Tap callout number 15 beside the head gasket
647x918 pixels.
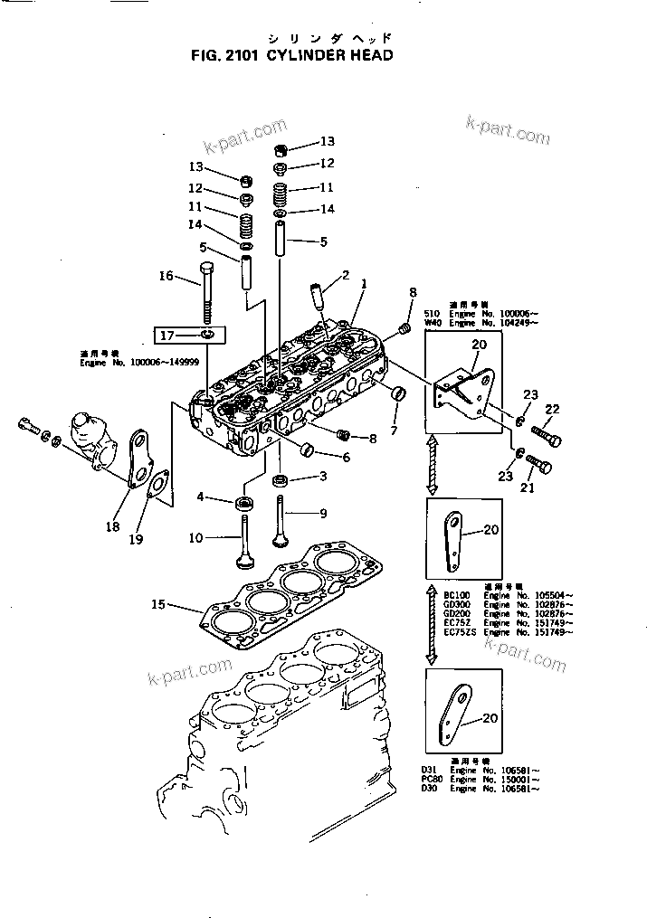tap(157, 604)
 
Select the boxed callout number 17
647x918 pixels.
tap(167, 336)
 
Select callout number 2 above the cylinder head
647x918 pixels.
tap(345, 274)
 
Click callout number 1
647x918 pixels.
tap(363, 283)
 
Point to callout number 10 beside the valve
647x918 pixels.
tap(195, 539)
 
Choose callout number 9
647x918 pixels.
tap(322, 514)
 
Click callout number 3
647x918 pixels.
tap(321, 477)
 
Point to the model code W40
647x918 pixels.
tap(432, 323)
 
